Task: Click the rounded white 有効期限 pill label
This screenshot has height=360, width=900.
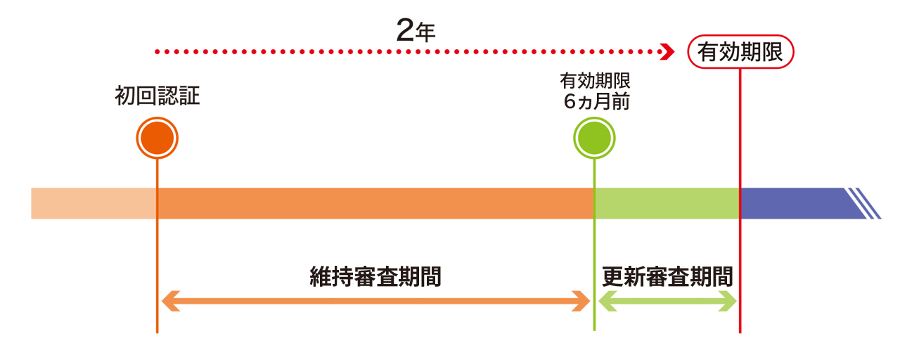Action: tap(740, 51)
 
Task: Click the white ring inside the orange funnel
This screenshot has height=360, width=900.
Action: tap(157, 139)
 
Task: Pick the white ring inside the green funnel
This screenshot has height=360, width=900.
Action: tap(595, 139)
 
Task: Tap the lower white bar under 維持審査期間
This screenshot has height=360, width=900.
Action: tap(376, 309)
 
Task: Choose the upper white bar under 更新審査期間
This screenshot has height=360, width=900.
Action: tap(667, 292)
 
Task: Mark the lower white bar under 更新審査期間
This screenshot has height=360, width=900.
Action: tap(667, 309)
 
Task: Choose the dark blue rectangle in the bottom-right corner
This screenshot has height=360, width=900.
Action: tap(844, 307)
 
